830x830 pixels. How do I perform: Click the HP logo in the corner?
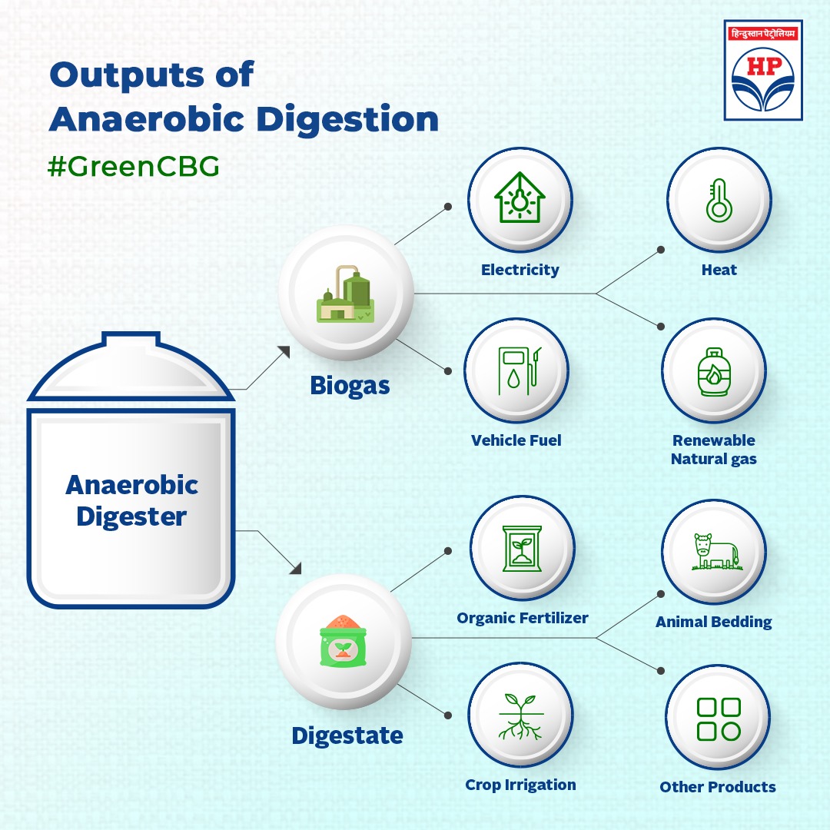point(763,71)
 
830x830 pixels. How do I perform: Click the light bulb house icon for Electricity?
point(520,199)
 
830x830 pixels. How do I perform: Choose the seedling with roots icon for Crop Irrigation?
point(520,716)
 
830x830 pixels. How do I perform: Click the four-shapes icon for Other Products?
point(718,719)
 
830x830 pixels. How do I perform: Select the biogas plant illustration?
point(346,295)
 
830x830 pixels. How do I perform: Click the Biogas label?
point(350,385)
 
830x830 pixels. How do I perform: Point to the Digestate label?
point(347,736)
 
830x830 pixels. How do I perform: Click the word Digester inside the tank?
point(131,516)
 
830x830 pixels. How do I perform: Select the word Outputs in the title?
point(151,75)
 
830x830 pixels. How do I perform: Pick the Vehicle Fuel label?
point(516,440)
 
